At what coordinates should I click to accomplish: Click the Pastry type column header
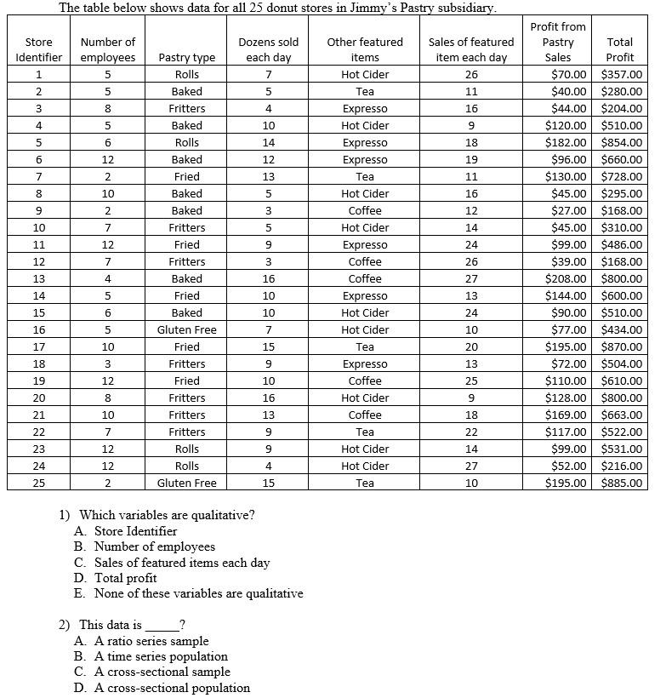coord(186,58)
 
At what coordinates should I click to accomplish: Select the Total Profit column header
coord(619,49)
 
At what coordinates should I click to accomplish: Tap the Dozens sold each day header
coord(268,49)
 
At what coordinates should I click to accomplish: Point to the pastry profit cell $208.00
coord(566,278)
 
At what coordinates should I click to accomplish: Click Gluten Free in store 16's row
coord(186,329)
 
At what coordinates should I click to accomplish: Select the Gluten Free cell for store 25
coord(186,483)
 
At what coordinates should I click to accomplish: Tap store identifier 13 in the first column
coord(39,278)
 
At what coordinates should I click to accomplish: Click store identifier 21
coord(39,415)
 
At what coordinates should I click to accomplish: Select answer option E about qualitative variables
coord(197,593)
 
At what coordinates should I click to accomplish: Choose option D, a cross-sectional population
coord(171,688)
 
